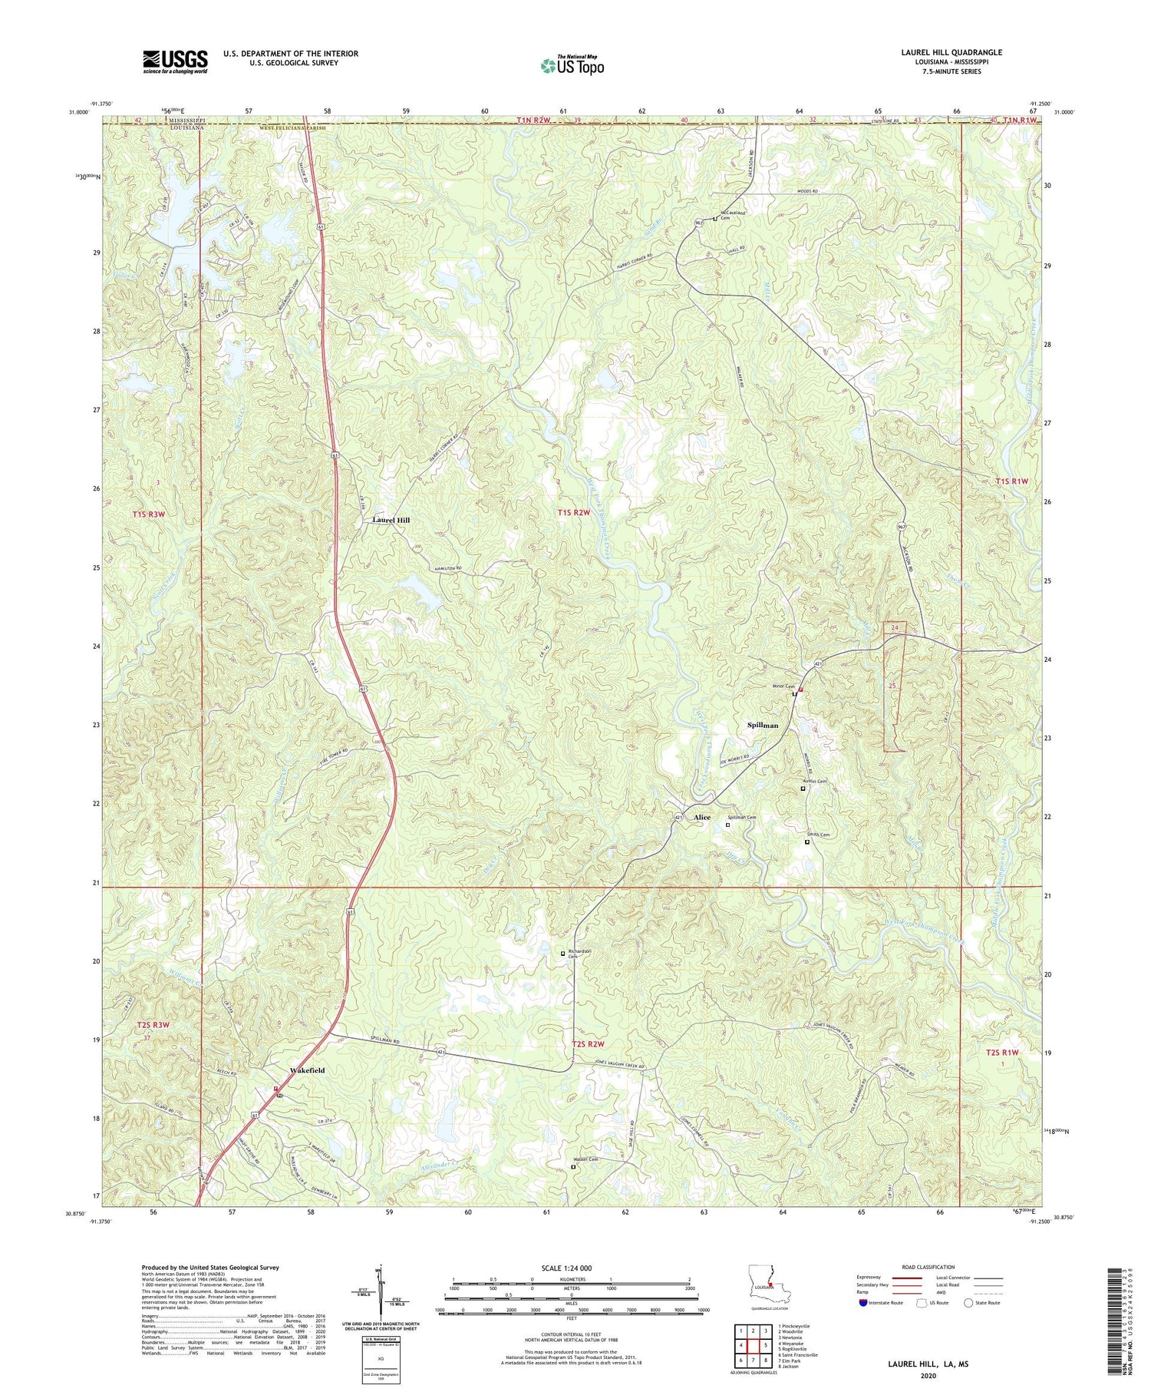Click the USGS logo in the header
click(x=175, y=61)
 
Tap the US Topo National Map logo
click(x=572, y=65)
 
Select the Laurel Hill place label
click(x=391, y=521)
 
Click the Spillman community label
click(x=763, y=725)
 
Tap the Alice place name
click(x=701, y=818)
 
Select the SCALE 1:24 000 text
click(x=571, y=1268)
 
